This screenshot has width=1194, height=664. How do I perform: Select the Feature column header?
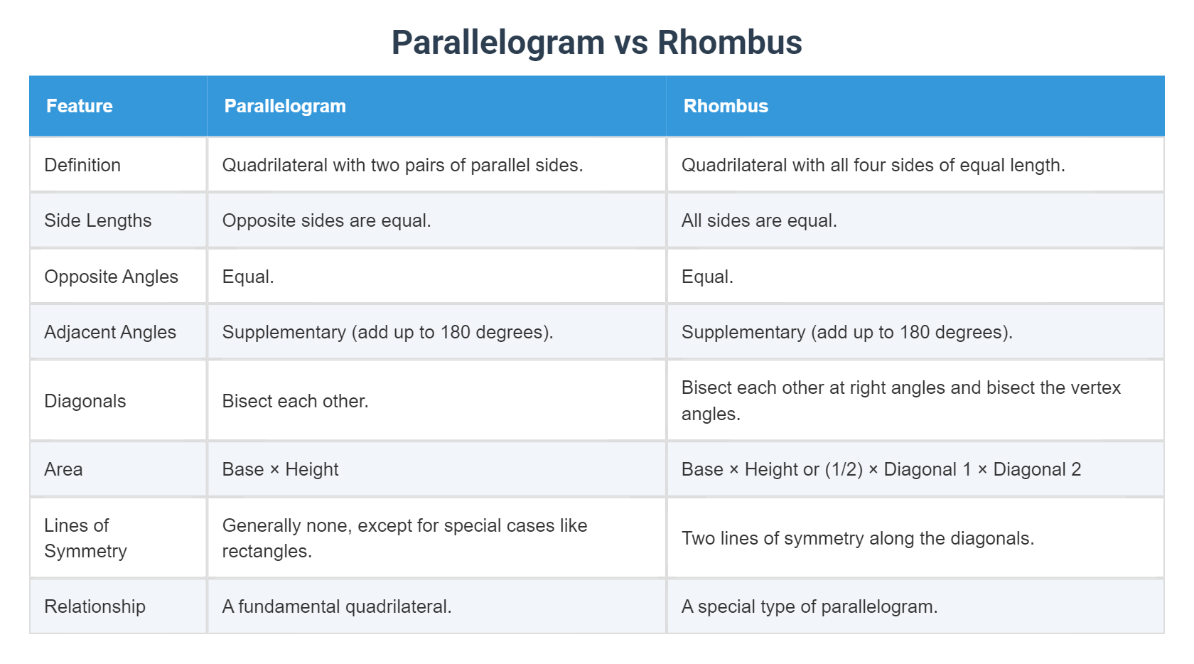(x=80, y=106)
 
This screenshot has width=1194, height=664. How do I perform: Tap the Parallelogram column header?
(x=285, y=106)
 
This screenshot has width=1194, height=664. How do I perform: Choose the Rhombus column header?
(x=726, y=106)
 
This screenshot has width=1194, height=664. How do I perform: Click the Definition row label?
(x=82, y=165)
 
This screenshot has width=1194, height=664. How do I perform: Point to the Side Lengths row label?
(x=98, y=220)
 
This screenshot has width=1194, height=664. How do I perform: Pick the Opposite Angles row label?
(x=111, y=277)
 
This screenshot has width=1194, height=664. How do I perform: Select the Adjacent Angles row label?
(x=110, y=332)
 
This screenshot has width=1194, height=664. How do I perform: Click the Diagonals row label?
(x=85, y=401)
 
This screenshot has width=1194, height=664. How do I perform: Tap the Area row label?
(x=63, y=469)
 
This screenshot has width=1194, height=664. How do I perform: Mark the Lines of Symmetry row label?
(x=85, y=538)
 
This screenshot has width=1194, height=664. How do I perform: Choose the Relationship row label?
(x=95, y=606)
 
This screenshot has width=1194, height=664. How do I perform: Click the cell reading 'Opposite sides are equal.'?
(x=326, y=220)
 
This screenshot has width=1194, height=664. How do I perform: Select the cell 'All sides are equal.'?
(x=759, y=220)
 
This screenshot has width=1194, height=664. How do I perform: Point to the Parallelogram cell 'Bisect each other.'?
(x=295, y=401)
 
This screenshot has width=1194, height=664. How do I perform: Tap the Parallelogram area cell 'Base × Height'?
(x=280, y=469)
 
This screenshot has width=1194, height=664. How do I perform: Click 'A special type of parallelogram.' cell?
(x=810, y=606)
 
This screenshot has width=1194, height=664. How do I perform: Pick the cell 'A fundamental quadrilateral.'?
(x=337, y=606)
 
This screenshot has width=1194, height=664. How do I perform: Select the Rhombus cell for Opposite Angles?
(x=707, y=277)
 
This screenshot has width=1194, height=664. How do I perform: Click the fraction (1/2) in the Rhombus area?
(x=844, y=469)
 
